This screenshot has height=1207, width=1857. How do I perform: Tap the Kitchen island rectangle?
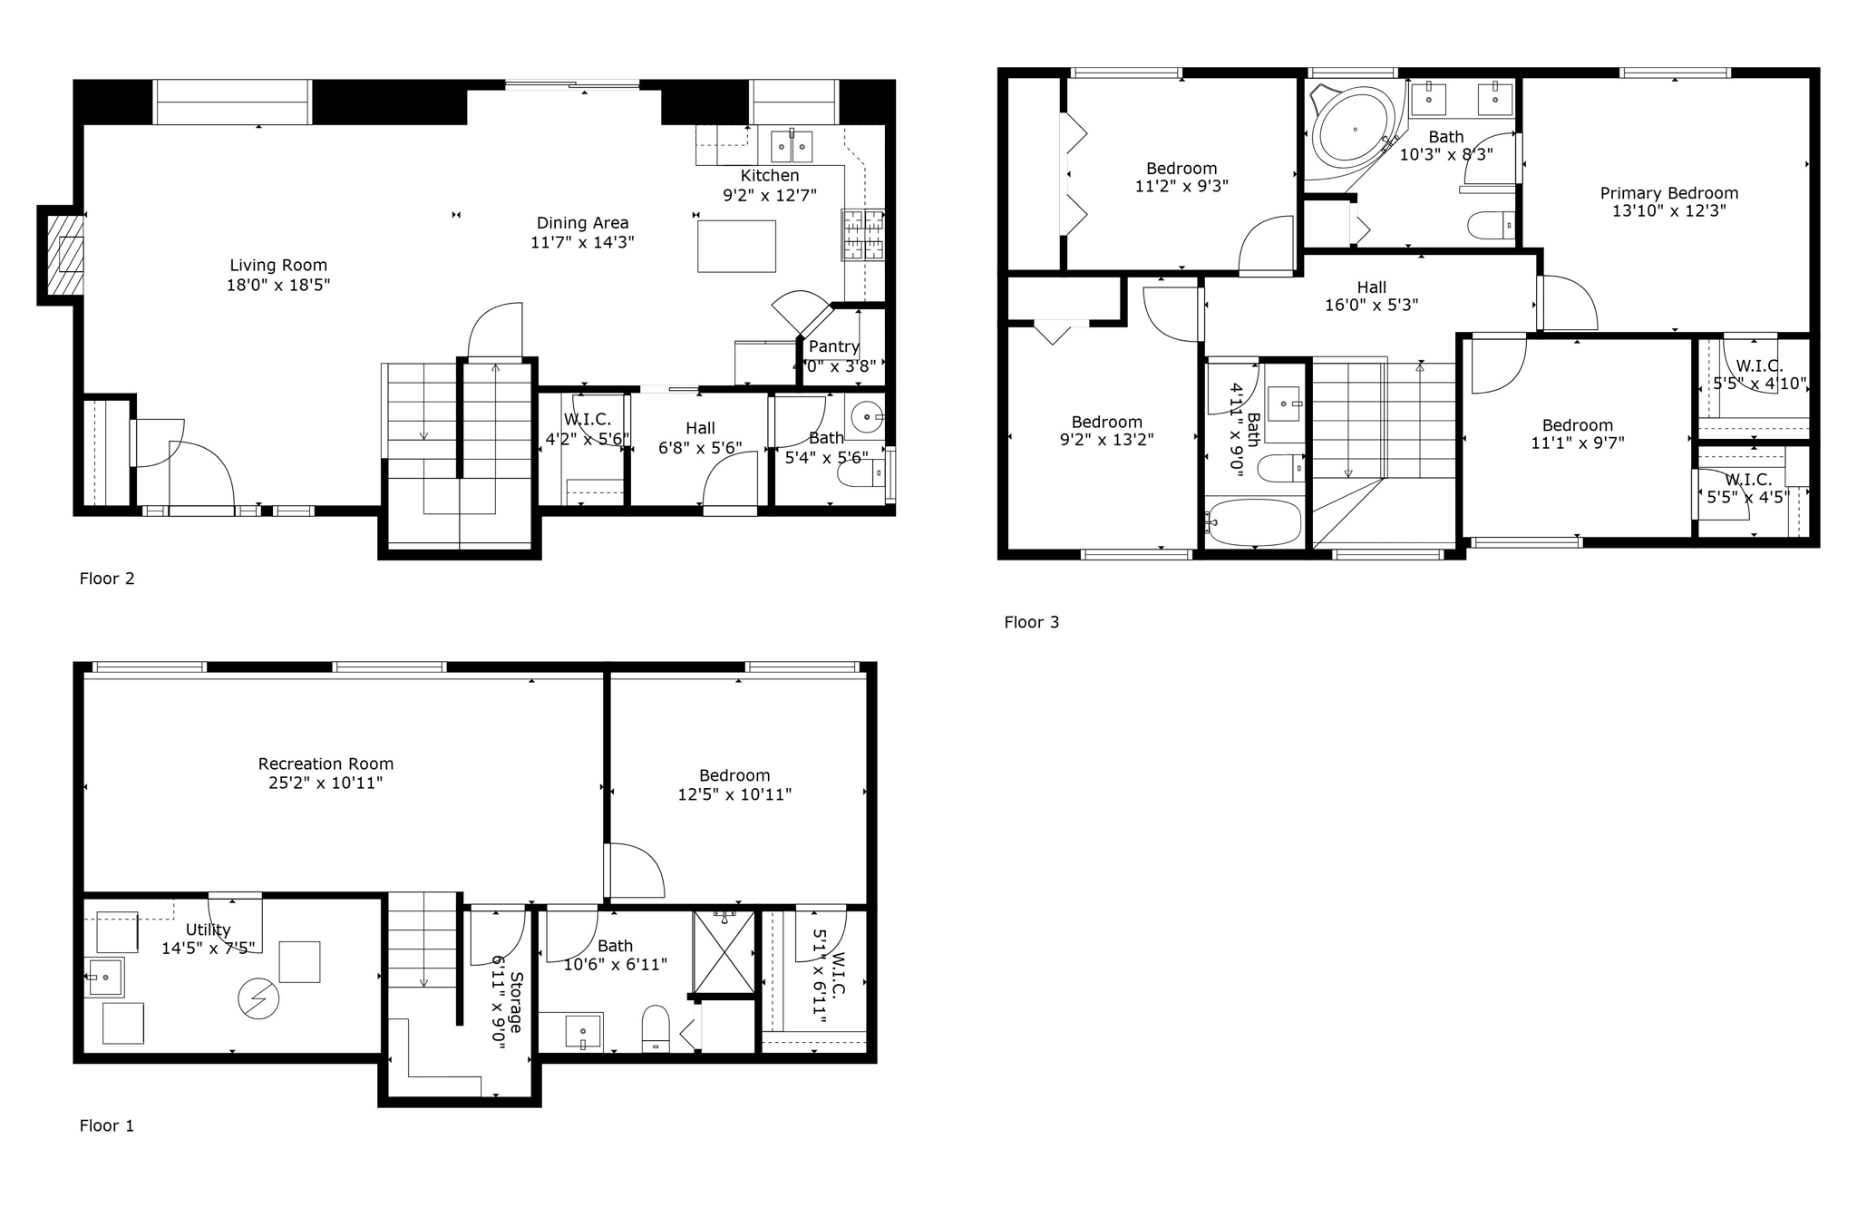tap(736, 246)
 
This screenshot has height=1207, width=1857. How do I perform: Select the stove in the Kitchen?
tap(862, 236)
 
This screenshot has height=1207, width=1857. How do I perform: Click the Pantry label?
tap(833, 346)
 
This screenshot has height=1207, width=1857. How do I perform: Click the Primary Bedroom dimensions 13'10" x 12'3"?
tap(1668, 211)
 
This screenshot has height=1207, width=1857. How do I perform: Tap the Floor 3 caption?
tap(1031, 622)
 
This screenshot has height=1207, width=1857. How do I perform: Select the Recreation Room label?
tap(326, 764)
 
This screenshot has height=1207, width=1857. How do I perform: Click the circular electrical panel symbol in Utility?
tap(258, 999)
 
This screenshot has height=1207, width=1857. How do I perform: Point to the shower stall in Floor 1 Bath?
tap(724, 952)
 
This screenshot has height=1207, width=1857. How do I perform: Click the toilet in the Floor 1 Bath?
tap(655, 1028)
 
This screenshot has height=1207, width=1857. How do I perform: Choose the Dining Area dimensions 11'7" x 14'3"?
tap(582, 242)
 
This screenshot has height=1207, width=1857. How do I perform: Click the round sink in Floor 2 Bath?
tap(867, 418)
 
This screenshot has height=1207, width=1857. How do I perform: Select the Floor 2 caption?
tap(107, 579)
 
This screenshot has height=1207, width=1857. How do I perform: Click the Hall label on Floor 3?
tap(1371, 287)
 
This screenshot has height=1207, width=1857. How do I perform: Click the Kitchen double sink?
tap(791, 146)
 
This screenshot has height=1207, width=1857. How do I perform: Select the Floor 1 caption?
tap(107, 1125)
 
